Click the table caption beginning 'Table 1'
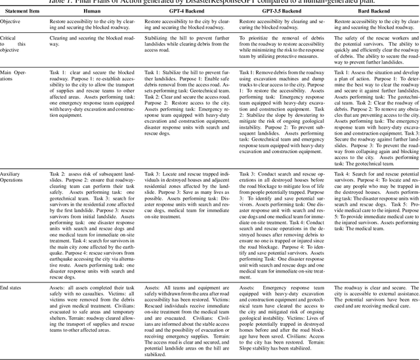click(210, 4)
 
